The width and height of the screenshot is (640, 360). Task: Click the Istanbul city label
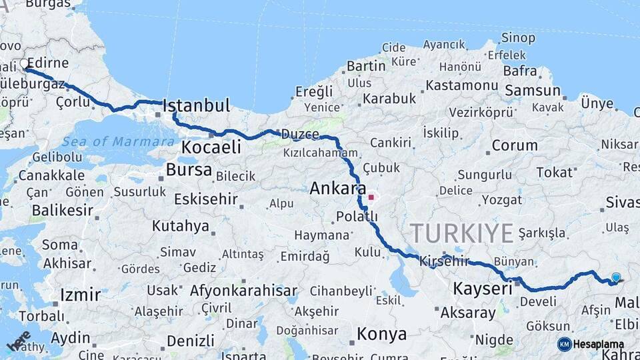click(196, 105)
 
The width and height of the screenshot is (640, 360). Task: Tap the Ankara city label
click(338, 189)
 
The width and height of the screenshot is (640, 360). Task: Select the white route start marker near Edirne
click(25, 64)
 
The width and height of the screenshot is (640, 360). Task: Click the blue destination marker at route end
click(616, 277)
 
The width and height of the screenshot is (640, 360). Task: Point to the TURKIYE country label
click(461, 233)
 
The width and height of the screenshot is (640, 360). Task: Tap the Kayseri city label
click(483, 289)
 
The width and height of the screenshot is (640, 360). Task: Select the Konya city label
click(381, 333)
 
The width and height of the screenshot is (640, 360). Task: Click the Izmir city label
click(80, 295)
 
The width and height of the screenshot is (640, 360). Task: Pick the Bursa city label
click(189, 170)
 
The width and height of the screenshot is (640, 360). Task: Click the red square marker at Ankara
click(371, 197)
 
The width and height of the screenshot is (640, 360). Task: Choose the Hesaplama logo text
click(598, 345)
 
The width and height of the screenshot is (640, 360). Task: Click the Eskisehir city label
click(206, 199)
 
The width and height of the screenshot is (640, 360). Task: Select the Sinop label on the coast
click(518, 38)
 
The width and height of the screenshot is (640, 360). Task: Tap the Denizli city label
click(190, 340)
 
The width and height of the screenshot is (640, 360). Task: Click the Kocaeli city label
click(211, 147)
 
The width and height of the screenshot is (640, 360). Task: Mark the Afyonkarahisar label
click(243, 291)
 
